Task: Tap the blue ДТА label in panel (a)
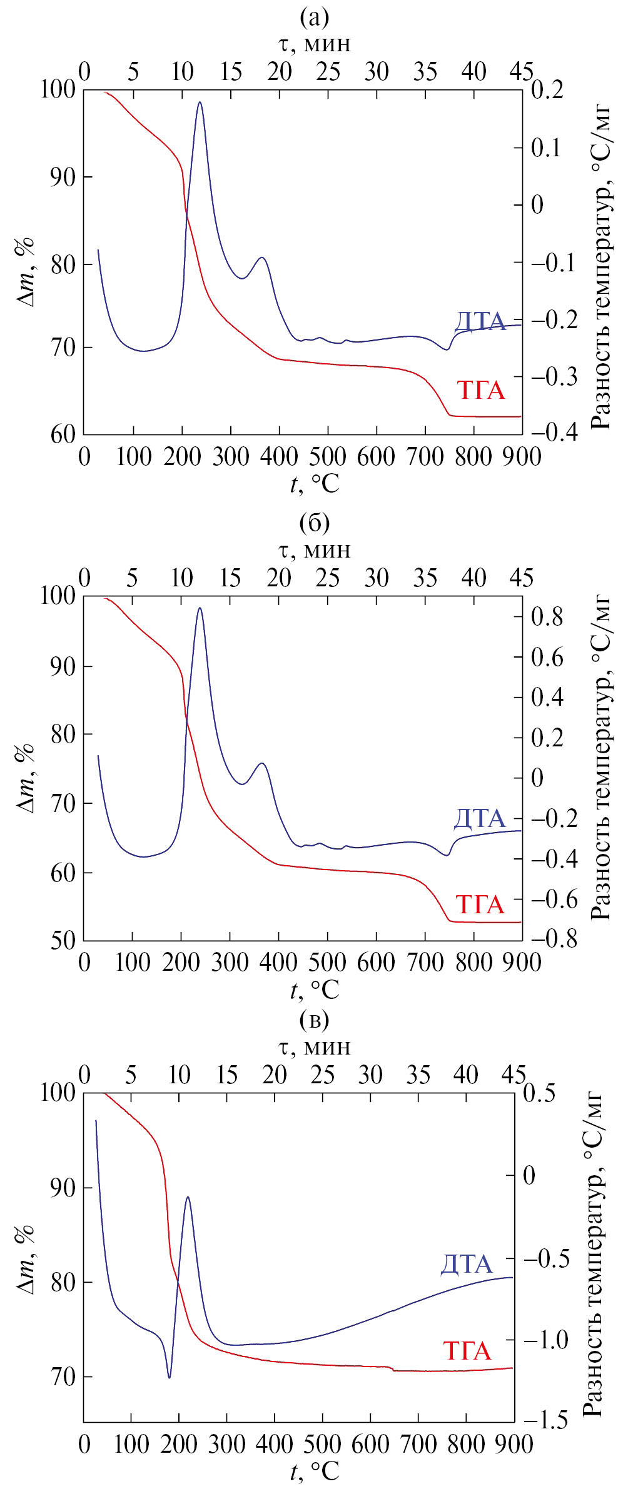[480, 321]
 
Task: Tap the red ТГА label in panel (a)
[480, 390]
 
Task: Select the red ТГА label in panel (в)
[467, 1351]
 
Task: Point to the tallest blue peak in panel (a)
[200, 102]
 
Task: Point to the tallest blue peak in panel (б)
[200, 608]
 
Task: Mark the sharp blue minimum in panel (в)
[169, 1377]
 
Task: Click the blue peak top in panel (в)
[188, 1197]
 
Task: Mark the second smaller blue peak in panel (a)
[262, 258]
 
